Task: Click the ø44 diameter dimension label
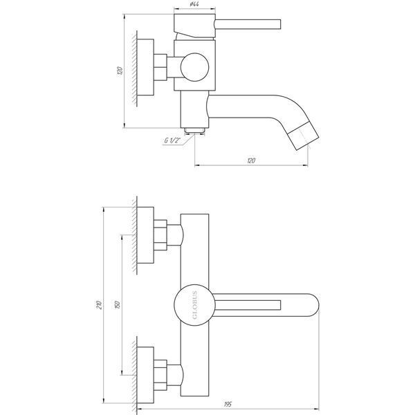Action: (194, 4)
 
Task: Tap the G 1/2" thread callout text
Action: (172, 140)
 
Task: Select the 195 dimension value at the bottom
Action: (228, 405)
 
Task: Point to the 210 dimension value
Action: (99, 305)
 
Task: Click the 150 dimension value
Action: (118, 305)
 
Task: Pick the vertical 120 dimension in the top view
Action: (120, 71)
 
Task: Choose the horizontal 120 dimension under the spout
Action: (251, 160)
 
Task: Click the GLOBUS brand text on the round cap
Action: (194, 305)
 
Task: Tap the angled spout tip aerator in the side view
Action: (304, 136)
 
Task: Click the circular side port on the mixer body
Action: (194, 67)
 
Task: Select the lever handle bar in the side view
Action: (248, 24)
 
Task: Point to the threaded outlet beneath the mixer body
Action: (194, 130)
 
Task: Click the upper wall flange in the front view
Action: (145, 235)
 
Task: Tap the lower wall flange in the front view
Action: (145, 375)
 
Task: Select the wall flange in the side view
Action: (145, 67)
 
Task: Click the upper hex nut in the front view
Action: (160, 235)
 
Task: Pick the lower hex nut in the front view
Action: (160, 375)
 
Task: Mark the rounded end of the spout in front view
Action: (313, 305)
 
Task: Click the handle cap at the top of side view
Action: (194, 26)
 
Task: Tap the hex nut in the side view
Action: (160, 67)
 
